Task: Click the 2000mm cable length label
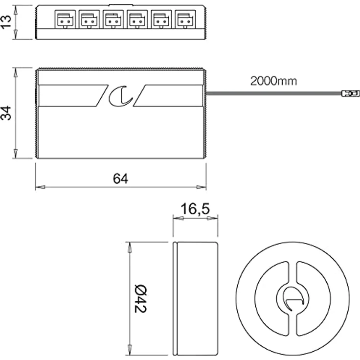click(x=273, y=81)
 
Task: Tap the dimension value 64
click(x=120, y=179)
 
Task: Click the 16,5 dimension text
click(x=195, y=209)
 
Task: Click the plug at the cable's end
click(x=348, y=92)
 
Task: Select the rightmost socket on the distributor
click(x=184, y=20)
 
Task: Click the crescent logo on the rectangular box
click(x=120, y=95)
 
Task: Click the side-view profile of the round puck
click(x=195, y=298)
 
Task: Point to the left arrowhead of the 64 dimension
click(x=40, y=187)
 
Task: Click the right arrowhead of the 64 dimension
click(x=201, y=187)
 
